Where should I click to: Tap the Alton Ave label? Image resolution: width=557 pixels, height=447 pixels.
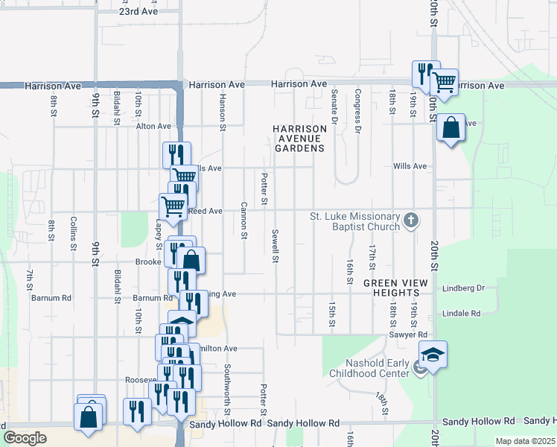tap(153, 127)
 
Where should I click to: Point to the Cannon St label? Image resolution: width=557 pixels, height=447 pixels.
tap(244, 221)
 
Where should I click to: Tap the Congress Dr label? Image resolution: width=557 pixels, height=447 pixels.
tap(358, 107)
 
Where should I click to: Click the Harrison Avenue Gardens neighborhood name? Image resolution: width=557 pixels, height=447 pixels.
tap(300, 139)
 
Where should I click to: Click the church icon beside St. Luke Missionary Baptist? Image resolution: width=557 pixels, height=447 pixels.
tap(411, 221)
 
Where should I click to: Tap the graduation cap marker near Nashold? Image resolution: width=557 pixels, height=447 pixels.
tap(433, 354)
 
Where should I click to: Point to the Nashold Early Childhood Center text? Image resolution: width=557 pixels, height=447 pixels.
tap(367, 368)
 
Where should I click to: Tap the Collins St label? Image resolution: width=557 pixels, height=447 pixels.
tap(74, 232)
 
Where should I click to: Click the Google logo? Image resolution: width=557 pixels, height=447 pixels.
tap(25, 438)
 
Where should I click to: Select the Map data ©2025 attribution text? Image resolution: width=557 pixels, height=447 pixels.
tap(525, 441)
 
